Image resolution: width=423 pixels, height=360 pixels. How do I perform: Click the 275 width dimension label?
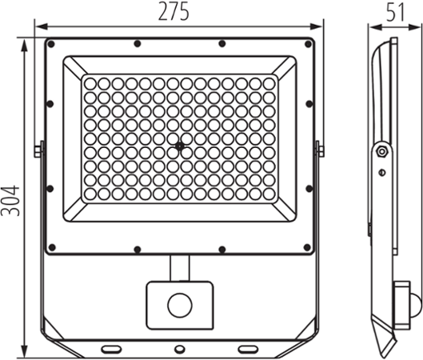(x=174, y=11)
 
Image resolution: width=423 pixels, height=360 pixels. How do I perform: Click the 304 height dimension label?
(x=10, y=200)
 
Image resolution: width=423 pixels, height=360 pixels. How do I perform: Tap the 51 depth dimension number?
(x=395, y=12)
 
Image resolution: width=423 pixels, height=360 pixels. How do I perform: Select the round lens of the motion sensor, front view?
(x=180, y=306)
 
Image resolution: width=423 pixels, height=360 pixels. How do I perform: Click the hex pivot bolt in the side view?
(x=381, y=151)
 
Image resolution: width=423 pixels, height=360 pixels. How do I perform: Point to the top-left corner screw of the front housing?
(x=51, y=44)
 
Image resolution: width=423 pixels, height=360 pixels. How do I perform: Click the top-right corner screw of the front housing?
(x=308, y=44)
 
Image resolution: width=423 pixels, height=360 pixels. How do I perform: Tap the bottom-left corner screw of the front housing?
(x=52, y=247)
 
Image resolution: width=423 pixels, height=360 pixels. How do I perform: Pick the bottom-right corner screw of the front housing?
(x=307, y=247)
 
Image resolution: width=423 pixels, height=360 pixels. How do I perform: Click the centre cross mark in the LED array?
(x=179, y=146)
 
